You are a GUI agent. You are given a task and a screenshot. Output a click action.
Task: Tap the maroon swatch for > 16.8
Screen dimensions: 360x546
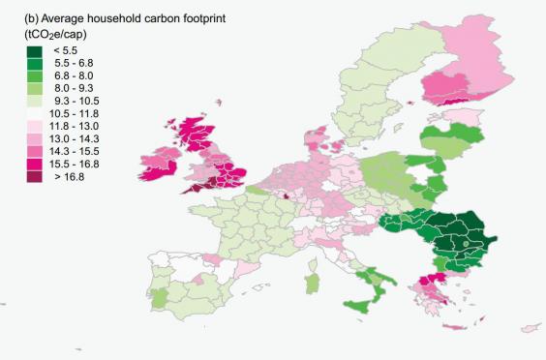(x=15, y=179)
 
